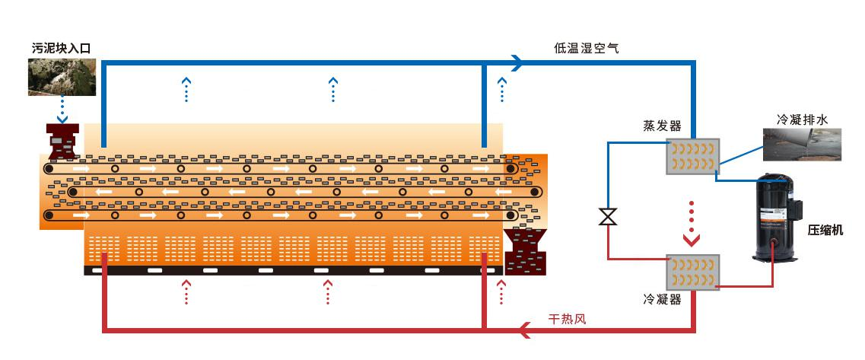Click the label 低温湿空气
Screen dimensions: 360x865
coord(586,48)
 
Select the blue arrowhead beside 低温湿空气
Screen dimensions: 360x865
coord(517,63)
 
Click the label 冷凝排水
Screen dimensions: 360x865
coord(801,119)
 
